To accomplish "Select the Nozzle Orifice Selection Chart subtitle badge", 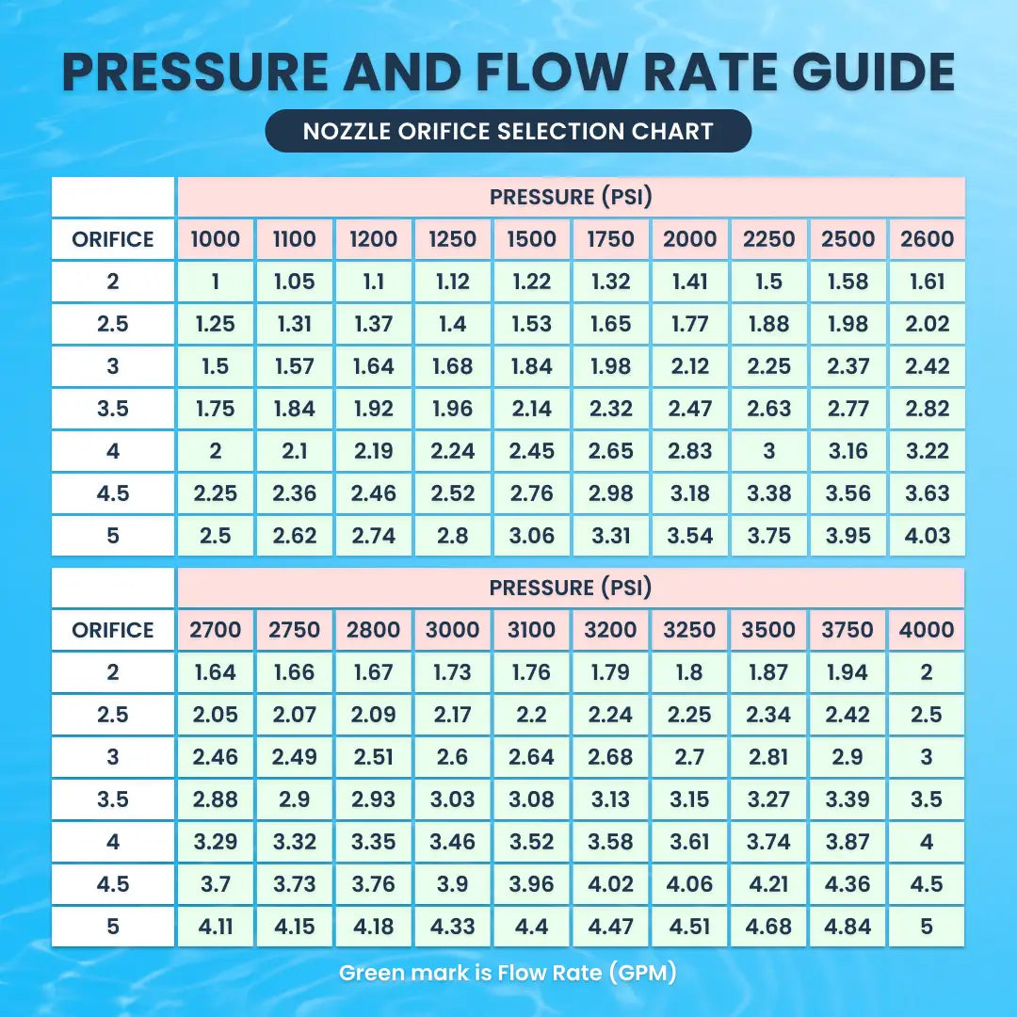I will tap(508, 131).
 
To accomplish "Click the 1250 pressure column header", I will tap(452, 239).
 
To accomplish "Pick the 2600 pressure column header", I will tap(927, 239).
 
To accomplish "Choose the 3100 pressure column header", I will tap(531, 630).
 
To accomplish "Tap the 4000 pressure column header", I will tap(927, 630).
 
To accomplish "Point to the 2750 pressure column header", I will tap(294, 630).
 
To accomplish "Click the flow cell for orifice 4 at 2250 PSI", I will tap(768, 451).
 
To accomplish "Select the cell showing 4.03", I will tap(927, 536).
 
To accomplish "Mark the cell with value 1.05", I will tap(294, 282).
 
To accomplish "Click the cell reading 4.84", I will tap(847, 927).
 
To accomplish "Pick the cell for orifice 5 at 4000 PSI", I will tap(927, 927).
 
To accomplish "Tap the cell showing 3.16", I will tap(847, 451).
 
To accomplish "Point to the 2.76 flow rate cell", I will tap(531, 493).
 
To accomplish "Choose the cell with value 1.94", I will tap(847, 672).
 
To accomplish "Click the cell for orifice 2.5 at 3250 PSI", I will tap(689, 715).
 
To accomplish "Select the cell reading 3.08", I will tap(531, 799).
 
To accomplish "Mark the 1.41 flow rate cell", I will tap(689, 282).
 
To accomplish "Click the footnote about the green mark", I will tap(508, 973).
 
